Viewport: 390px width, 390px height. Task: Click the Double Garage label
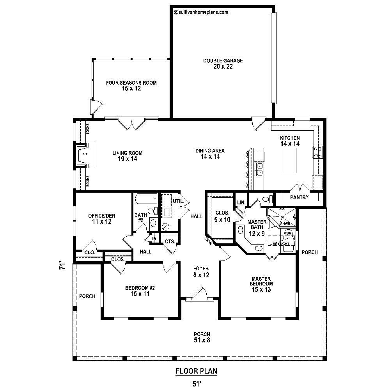pyautogui.click(x=223, y=64)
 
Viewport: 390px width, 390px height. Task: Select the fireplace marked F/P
pyautogui.click(x=85, y=155)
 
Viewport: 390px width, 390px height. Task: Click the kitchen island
pyautogui.click(x=289, y=161)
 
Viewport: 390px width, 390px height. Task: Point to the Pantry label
pyautogui.click(x=299, y=197)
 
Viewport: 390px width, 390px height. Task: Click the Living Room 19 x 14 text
pyautogui.click(x=127, y=156)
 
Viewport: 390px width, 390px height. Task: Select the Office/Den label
pyautogui.click(x=101, y=218)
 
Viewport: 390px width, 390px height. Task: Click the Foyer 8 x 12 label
pyautogui.click(x=202, y=272)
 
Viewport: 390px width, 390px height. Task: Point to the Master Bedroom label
pyautogui.click(x=261, y=284)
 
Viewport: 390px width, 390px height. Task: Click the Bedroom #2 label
pyautogui.click(x=140, y=291)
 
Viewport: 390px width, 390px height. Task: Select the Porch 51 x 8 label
pyautogui.click(x=202, y=337)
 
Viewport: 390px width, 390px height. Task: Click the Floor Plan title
pyautogui.click(x=197, y=371)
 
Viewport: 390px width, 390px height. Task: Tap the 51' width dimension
pyautogui.click(x=197, y=384)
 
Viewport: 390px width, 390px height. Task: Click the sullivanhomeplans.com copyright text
pyautogui.click(x=200, y=12)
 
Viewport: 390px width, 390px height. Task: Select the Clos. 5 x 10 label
pyautogui.click(x=223, y=216)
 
